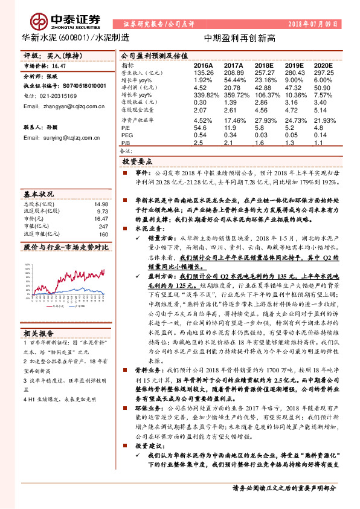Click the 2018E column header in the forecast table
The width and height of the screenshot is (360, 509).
264,65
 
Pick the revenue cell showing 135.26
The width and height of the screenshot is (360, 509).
204,72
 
